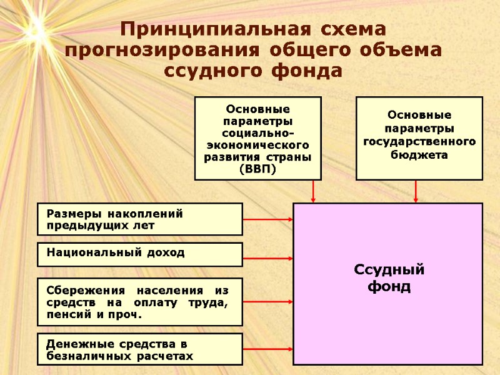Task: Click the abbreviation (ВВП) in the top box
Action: pyautogui.click(x=257, y=169)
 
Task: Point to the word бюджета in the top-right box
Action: pyautogui.click(x=419, y=154)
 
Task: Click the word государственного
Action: pyautogui.click(x=419, y=142)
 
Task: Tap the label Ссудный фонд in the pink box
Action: pyautogui.click(x=388, y=279)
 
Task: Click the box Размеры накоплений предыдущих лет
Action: pyautogui.click(x=140, y=219)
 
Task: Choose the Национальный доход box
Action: pyautogui.click(x=140, y=254)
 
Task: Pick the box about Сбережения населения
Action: pyautogui.click(x=140, y=302)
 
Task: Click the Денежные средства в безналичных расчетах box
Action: pyautogui.click(x=140, y=349)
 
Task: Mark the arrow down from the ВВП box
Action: pyautogui.click(x=314, y=191)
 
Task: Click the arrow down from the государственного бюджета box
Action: pyautogui.click(x=416, y=191)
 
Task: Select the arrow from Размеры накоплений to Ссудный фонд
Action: pyautogui.click(x=267, y=219)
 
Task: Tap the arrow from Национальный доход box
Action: pyautogui.click(x=267, y=257)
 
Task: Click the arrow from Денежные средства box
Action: pyautogui.click(x=267, y=349)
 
